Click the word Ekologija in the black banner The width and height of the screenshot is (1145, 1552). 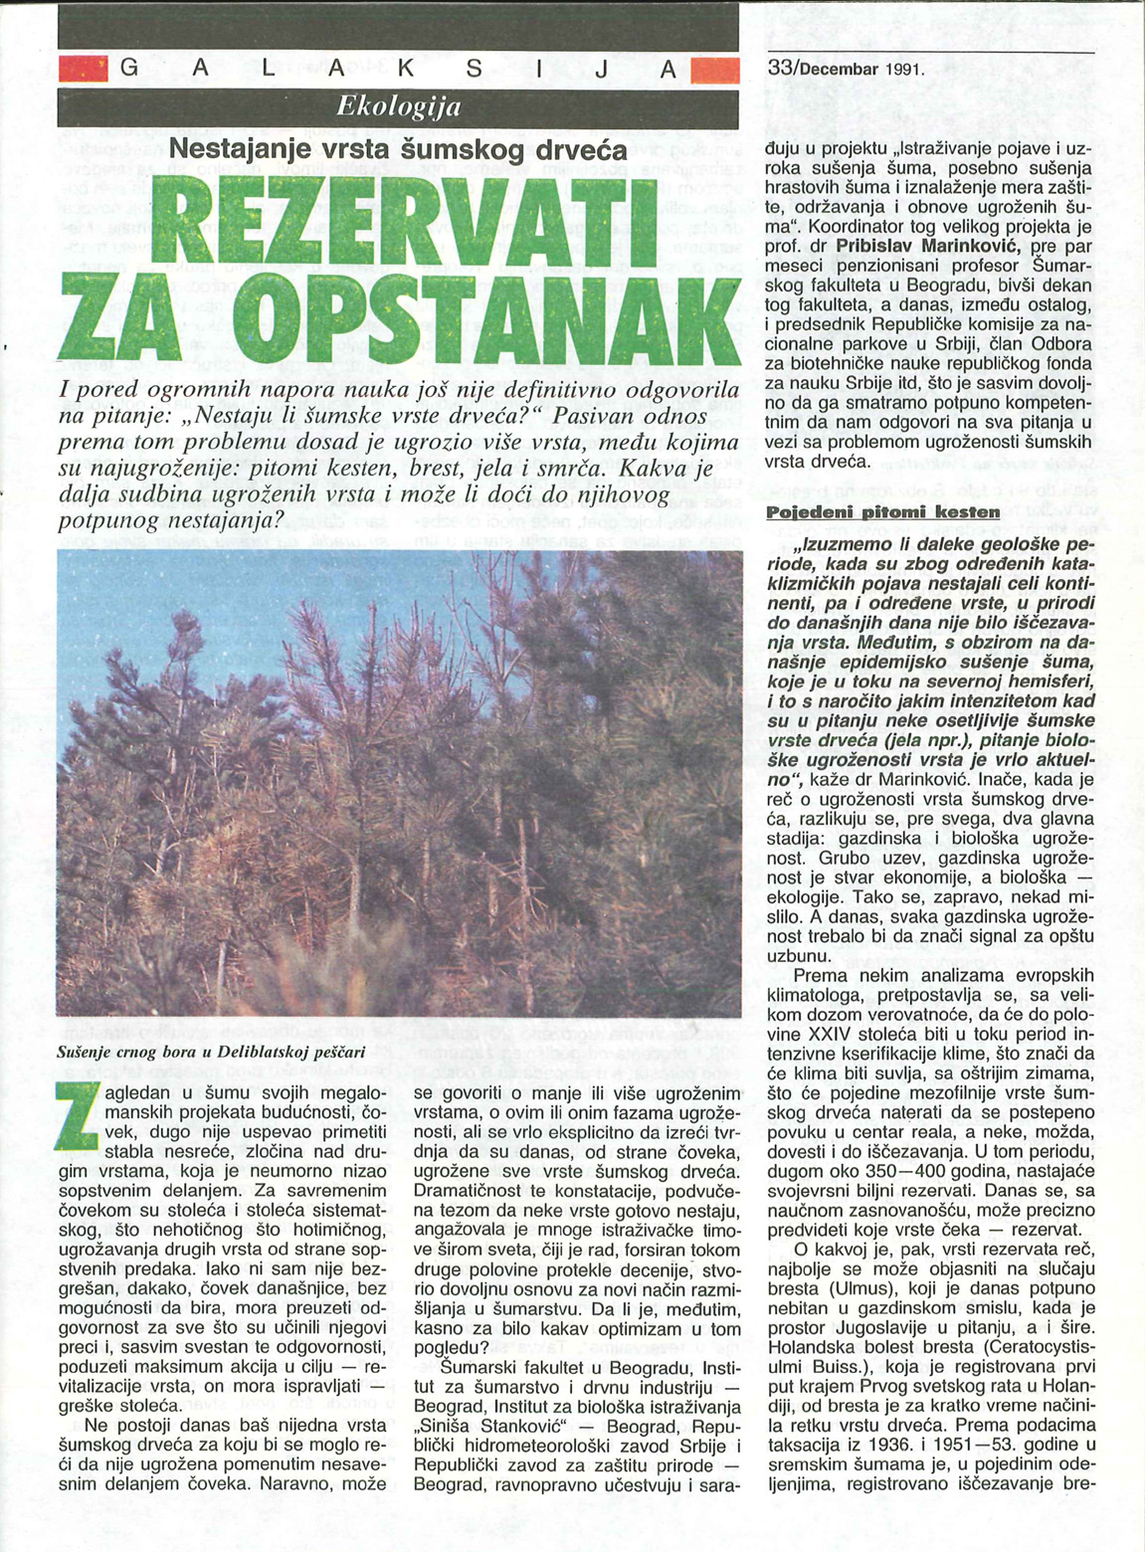tap(399, 105)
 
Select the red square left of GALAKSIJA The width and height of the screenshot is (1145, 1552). tap(82, 70)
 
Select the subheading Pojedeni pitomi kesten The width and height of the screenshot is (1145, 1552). tap(882, 512)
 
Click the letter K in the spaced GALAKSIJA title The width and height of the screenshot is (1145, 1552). tap(411, 70)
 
